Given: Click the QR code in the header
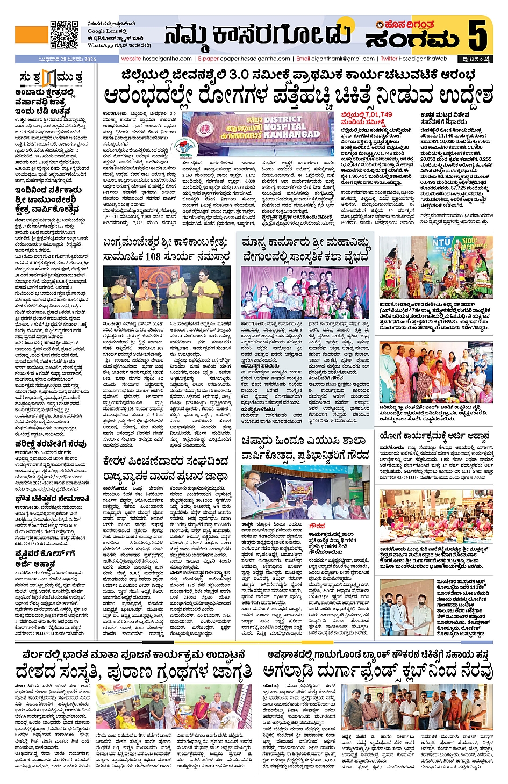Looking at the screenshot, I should click(x=64, y=34).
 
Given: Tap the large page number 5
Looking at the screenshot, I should click(x=478, y=35).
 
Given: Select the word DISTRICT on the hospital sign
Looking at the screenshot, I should click(x=283, y=119).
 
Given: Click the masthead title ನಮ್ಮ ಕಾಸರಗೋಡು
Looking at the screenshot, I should click(x=257, y=35).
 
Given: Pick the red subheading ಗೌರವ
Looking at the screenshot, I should click(x=317, y=526).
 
